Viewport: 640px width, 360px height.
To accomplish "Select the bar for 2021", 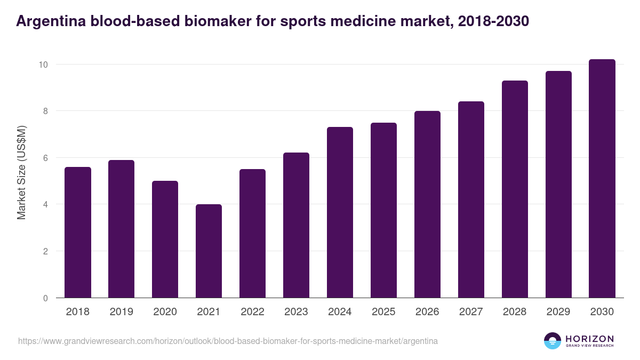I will click(209, 251).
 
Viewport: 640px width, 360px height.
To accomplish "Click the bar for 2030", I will click(602, 179).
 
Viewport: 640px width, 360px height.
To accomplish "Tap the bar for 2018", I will click(78, 233).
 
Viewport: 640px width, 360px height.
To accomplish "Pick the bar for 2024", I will click(340, 212).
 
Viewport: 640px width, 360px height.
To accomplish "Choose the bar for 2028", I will click(515, 189).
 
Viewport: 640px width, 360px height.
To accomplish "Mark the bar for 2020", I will click(165, 239).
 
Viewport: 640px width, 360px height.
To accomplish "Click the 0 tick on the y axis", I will click(46, 298).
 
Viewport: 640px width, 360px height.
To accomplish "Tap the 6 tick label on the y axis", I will click(46, 158).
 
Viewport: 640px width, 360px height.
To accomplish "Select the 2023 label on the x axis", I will click(296, 312).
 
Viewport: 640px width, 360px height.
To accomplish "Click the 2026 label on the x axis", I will click(427, 312).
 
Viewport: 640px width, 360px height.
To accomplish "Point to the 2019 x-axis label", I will click(121, 312).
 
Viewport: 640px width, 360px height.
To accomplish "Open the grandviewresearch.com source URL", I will click(228, 341).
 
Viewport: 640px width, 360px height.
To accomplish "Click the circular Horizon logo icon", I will click(552, 341).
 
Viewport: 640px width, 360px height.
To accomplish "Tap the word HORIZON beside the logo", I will click(589, 338).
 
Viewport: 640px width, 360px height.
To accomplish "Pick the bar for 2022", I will click(252, 234).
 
